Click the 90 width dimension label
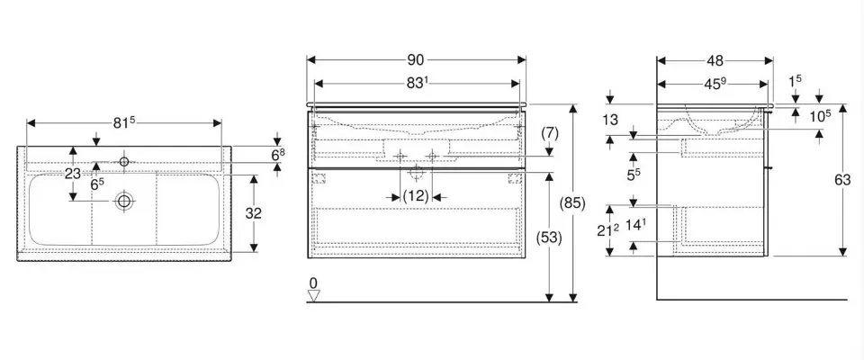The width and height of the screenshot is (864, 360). click(x=416, y=61)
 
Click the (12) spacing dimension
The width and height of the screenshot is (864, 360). click(x=415, y=194)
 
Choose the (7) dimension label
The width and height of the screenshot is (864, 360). click(x=551, y=132)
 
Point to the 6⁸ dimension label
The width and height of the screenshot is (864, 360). click(x=279, y=155)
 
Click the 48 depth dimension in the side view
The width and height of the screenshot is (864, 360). click(x=715, y=61)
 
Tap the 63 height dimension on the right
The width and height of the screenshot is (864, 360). click(x=841, y=180)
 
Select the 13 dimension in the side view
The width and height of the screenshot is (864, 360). click(x=611, y=121)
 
